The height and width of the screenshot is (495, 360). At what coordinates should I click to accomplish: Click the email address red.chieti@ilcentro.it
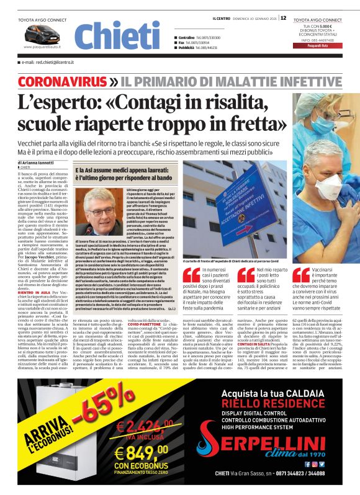coord(48,63)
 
